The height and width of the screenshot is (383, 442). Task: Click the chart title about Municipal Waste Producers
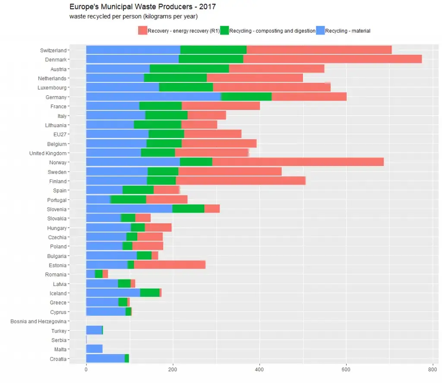(142, 7)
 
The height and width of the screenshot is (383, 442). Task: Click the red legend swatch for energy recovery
(142, 31)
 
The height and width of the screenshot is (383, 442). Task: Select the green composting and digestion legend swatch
(224, 31)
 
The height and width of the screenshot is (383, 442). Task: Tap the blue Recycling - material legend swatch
(320, 31)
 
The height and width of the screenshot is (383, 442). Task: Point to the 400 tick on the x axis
(259, 370)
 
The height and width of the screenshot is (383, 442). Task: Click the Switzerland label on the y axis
(53, 50)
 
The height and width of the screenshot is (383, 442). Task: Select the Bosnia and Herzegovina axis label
(38, 321)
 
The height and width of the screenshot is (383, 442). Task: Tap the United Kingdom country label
(48, 153)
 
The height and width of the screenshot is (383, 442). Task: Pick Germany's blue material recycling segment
(153, 97)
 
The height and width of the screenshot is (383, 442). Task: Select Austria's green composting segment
(189, 69)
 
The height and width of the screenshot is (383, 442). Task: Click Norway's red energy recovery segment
(298, 162)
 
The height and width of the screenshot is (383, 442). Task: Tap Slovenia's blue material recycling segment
(129, 209)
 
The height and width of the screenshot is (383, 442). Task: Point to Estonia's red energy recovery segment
(170, 265)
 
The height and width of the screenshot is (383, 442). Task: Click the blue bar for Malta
(94, 349)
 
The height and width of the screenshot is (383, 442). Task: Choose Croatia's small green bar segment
(126, 358)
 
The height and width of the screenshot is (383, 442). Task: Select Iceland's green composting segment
(150, 293)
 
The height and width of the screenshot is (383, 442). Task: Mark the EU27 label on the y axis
(60, 135)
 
